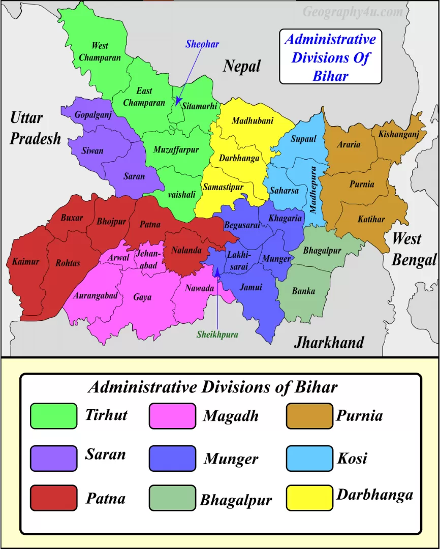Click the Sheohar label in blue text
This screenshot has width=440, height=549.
(x=202, y=44)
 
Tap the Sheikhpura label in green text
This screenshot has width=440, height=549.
(x=217, y=334)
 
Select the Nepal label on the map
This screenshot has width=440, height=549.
(x=242, y=66)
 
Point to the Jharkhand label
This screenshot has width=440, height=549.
(x=329, y=342)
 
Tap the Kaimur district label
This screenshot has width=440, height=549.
(x=25, y=262)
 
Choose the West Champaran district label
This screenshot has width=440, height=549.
(x=100, y=52)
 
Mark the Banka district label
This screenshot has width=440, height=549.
(x=303, y=291)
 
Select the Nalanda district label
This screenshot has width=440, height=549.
(x=186, y=250)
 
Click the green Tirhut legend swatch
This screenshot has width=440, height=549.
(x=53, y=416)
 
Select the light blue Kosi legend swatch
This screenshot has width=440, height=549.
(x=309, y=458)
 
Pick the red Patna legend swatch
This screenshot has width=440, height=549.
(x=53, y=497)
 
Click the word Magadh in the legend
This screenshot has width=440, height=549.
(x=231, y=416)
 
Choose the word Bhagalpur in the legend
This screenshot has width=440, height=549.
(x=236, y=499)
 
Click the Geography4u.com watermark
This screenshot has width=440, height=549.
(x=353, y=12)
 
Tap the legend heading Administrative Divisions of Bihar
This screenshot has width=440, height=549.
(x=212, y=387)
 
